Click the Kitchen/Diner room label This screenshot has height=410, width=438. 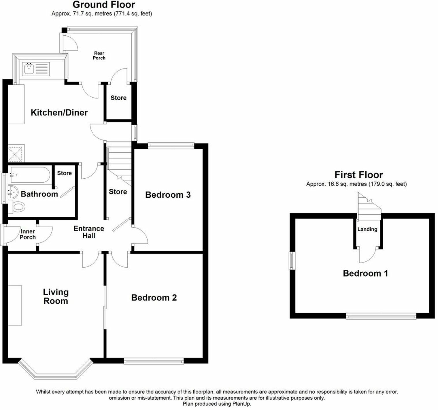pyautogui.click(x=59, y=112)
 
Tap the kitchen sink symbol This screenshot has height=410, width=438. pyautogui.click(x=29, y=69)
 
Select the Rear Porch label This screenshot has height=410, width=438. pyautogui.click(x=99, y=55)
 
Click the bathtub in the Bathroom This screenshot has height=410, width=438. pyautogui.click(x=29, y=174)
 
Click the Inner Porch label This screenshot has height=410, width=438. pyautogui.click(x=28, y=234)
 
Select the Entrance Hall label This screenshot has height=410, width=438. pyautogui.click(x=89, y=232)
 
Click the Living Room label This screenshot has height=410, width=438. pyautogui.click(x=56, y=296)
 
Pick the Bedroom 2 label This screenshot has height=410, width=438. pyautogui.click(x=154, y=297)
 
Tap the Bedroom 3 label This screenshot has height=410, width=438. pyautogui.click(x=168, y=195)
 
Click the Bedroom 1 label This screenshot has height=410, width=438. pyautogui.click(x=365, y=273)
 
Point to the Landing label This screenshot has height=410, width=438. pyautogui.click(x=367, y=229)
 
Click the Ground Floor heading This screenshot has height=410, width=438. pyautogui.click(x=103, y=5)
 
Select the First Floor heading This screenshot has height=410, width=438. pyautogui.click(x=358, y=175)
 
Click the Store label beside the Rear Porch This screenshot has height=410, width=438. pyautogui.click(x=118, y=98)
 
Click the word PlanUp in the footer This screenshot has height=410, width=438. pyautogui.click(x=241, y=404)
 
